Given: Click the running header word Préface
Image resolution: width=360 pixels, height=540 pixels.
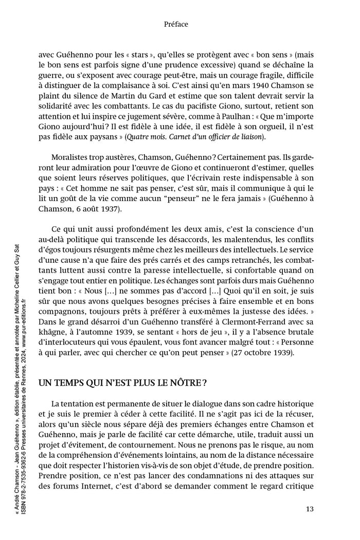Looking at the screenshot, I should (175, 24).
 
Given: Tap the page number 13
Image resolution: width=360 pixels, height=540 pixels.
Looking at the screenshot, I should (310, 509).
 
